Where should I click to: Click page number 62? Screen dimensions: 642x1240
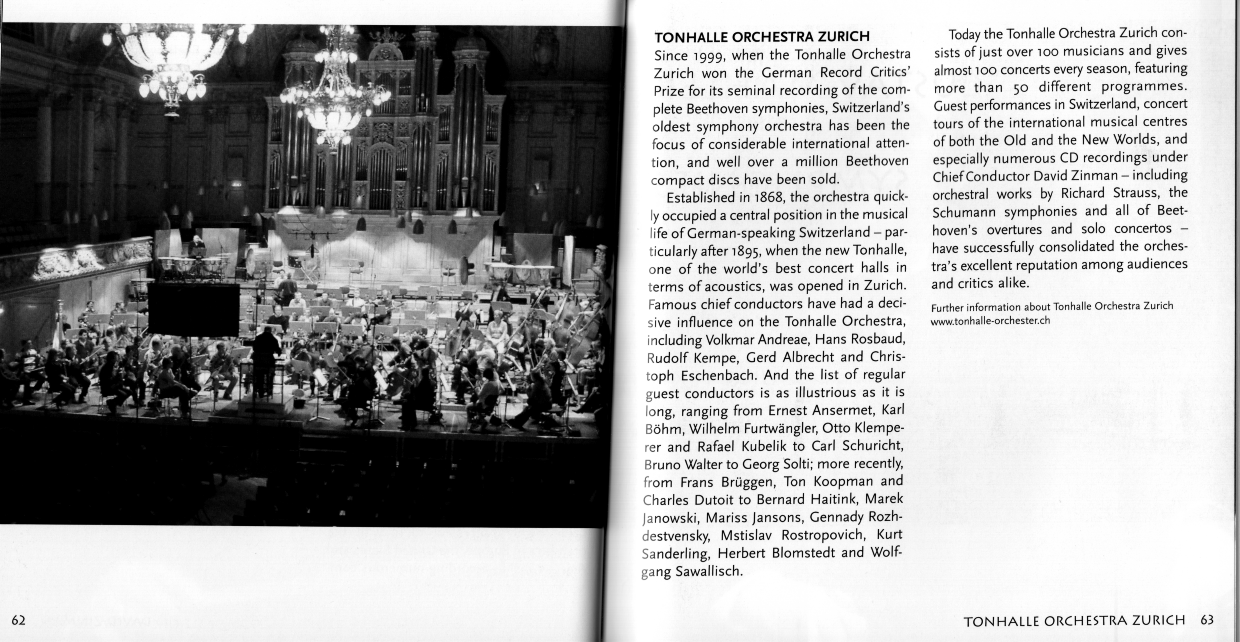(x=18, y=620)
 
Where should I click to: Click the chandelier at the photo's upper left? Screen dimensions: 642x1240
(x=168, y=63)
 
